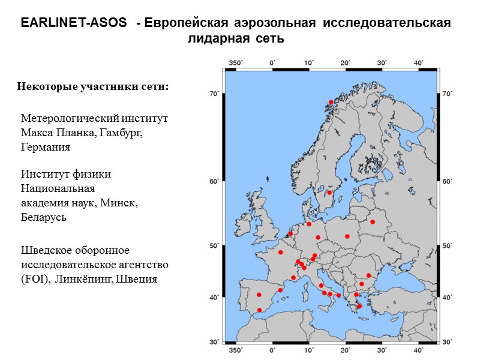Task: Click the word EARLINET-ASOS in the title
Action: point(74,23)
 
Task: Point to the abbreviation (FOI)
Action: point(34,279)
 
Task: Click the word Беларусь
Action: point(43,217)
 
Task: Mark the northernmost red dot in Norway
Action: point(331,102)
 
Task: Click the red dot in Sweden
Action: point(329,193)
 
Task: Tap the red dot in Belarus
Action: point(373,222)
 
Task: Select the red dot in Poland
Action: point(347,236)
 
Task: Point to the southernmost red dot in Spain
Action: point(260,310)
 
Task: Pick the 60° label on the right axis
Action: point(447,181)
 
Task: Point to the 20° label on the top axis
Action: point(346,62)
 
